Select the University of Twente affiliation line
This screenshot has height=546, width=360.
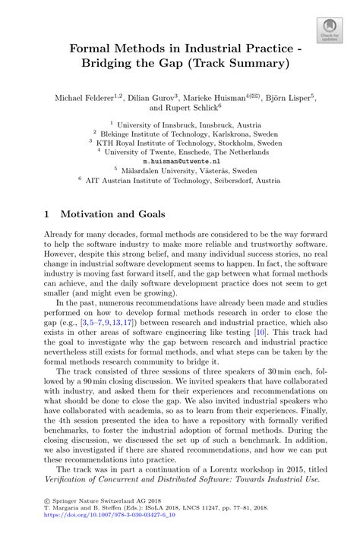[x=183, y=151]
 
